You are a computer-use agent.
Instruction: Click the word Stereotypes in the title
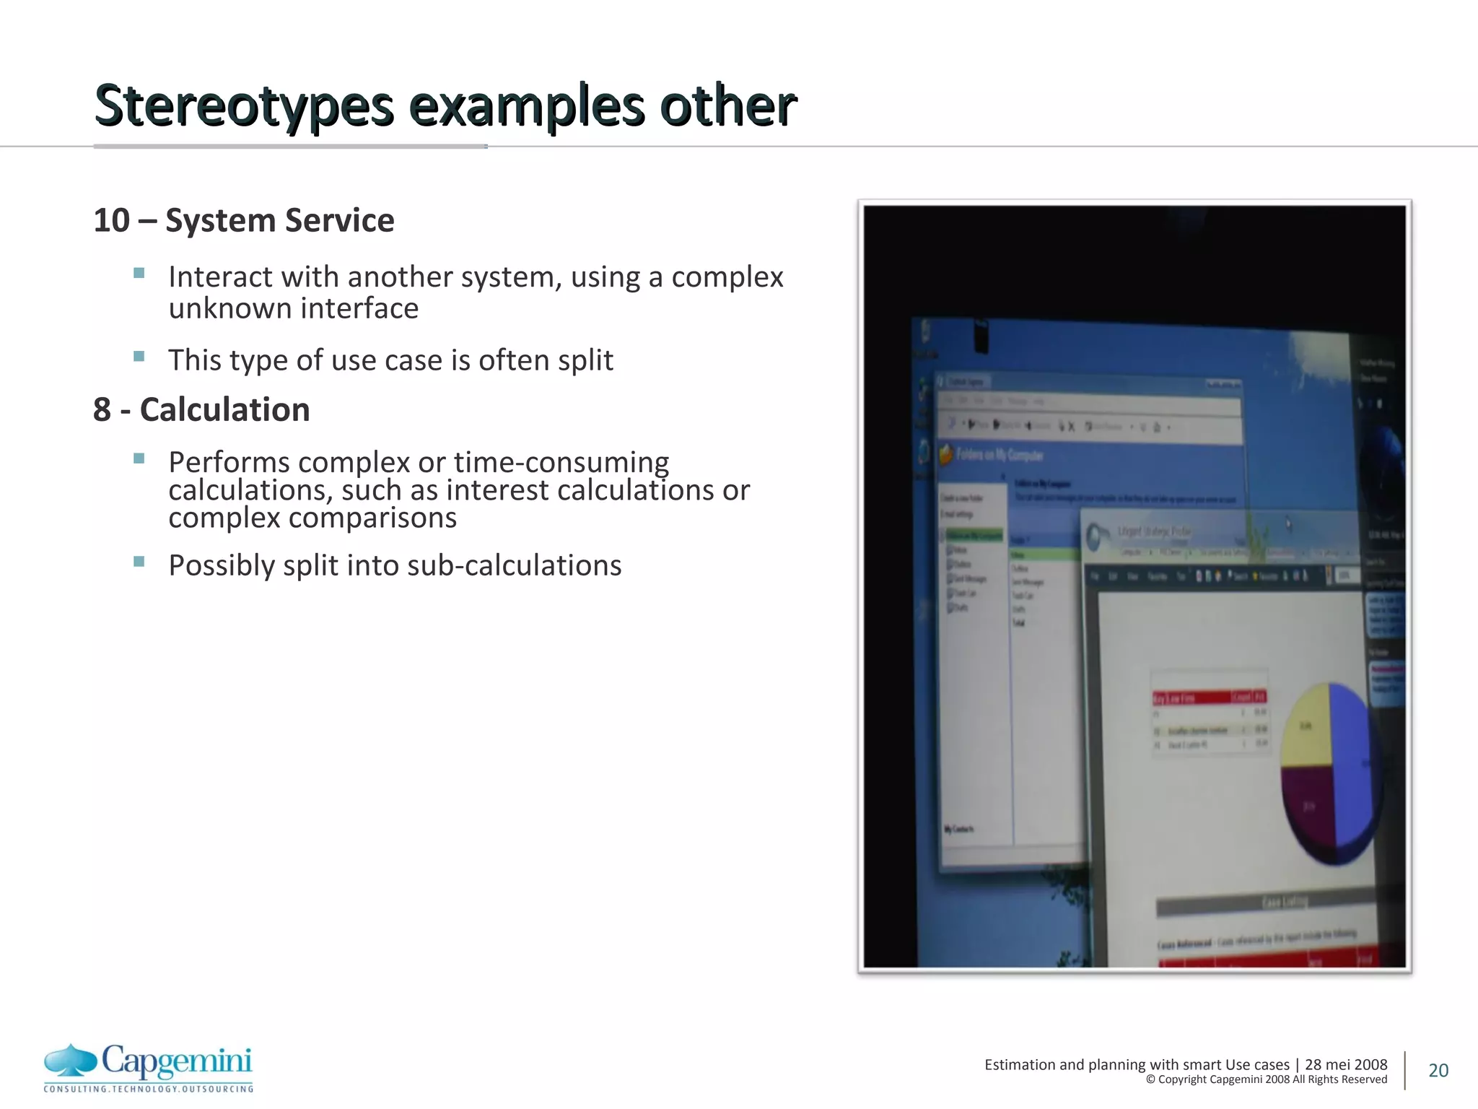coord(244,107)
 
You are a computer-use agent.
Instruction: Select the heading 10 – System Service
coord(244,221)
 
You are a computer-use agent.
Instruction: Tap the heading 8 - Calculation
coord(201,410)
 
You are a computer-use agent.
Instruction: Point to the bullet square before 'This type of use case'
coord(139,356)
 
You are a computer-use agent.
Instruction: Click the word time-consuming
coord(561,462)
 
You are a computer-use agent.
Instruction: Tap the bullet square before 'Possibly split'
coord(139,561)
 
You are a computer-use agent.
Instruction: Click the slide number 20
coord(1438,1071)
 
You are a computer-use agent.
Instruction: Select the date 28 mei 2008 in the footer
coord(1346,1065)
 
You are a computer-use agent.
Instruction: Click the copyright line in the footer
coord(1266,1080)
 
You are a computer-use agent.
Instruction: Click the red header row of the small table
coord(1209,697)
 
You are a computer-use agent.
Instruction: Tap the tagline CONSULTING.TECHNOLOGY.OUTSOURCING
coord(149,1089)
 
